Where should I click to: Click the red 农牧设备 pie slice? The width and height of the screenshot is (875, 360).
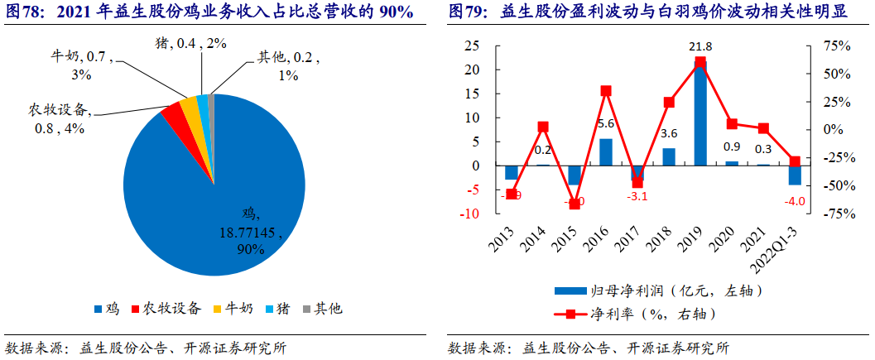(173, 117)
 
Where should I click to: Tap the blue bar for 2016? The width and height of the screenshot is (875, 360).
(606, 152)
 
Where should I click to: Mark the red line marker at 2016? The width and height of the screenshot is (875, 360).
(606, 91)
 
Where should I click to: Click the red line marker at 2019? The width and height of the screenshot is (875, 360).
(700, 62)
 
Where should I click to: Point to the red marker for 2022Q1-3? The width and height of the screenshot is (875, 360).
(795, 161)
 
